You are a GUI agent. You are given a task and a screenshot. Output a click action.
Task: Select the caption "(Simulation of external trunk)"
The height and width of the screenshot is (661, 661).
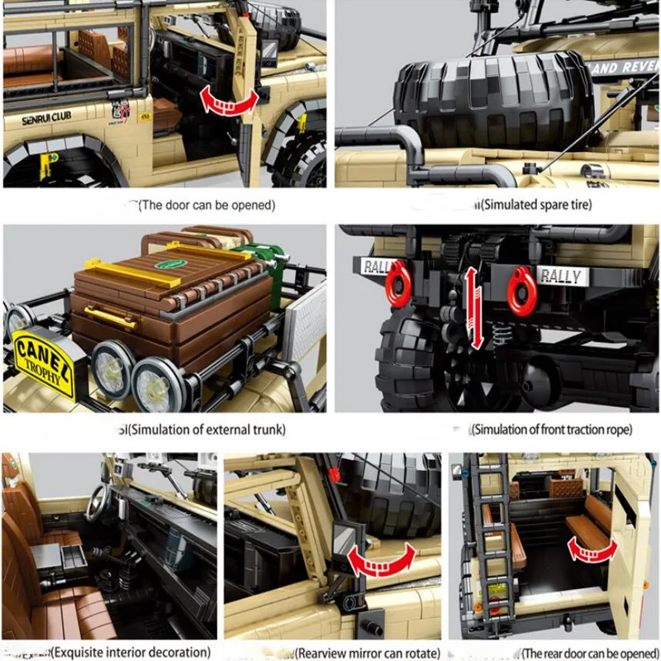point(207,429)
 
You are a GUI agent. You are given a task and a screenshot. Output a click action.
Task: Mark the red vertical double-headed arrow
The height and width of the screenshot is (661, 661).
point(471,307)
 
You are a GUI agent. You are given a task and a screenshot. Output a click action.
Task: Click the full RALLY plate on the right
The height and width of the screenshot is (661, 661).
point(561,276)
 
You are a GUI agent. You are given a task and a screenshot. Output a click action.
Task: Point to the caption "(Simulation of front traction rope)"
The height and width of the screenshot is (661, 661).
point(551,429)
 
